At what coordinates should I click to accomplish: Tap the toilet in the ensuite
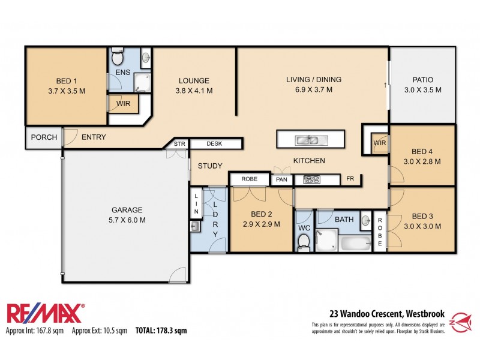(118, 58)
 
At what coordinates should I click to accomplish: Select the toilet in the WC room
(304, 241)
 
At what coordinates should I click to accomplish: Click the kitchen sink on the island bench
(310, 140)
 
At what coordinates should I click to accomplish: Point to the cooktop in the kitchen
(313, 179)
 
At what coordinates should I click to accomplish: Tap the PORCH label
(44, 137)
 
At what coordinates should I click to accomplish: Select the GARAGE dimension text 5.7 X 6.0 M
(127, 220)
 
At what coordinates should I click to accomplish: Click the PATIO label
(422, 80)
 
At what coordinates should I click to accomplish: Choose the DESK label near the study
(214, 144)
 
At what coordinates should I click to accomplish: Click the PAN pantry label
(281, 179)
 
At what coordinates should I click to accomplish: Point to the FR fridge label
(350, 179)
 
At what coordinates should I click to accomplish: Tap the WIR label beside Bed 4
(379, 143)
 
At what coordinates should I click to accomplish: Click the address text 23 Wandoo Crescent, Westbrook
(385, 313)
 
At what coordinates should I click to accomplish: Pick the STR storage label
(179, 144)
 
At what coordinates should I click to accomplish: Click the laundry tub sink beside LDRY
(195, 226)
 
